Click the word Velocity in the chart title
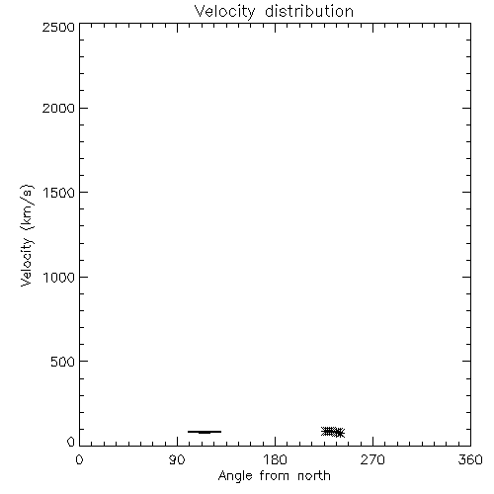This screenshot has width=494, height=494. coord(224,11)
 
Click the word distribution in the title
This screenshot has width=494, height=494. coord(309,11)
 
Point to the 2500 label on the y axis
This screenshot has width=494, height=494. coord(58,27)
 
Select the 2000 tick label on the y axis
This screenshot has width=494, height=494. coord(58,108)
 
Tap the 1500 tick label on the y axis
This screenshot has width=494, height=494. coord(59,193)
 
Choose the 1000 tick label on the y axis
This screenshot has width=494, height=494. coord(59,278)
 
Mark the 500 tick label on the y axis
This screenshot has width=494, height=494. coord(62,362)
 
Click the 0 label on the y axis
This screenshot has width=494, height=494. coord(71,442)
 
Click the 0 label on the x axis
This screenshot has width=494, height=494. coord(79,459)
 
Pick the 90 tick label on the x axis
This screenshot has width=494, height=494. coord(177,459)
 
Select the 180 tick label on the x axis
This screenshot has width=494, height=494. coord(275,459)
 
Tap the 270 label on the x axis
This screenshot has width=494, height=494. coord(372,459)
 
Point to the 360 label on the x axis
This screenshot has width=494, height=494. coord(470,459)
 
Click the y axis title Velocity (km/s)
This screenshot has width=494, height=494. coord(27,235)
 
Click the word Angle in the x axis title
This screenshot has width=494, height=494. coord(235,476)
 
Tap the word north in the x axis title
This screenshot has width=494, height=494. coord(314,475)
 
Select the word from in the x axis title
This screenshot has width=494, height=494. coord(276,475)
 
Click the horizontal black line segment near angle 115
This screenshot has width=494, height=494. coord(205,432)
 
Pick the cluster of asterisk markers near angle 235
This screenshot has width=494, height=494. coord(333,432)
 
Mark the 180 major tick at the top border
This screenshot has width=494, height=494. coord(275,28)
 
